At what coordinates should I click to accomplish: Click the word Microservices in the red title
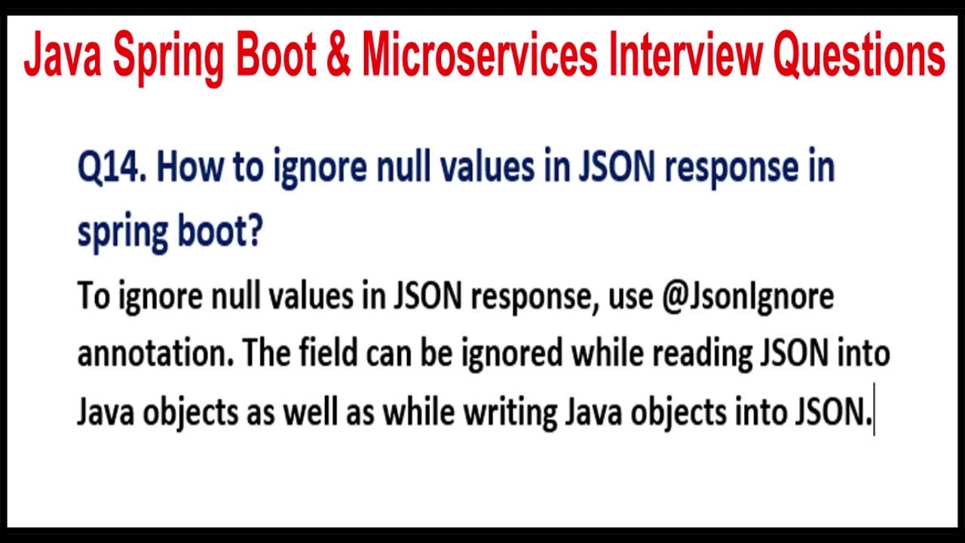tap(479, 57)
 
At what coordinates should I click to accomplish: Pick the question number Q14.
tap(112, 167)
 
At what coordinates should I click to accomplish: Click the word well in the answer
tap(310, 412)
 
